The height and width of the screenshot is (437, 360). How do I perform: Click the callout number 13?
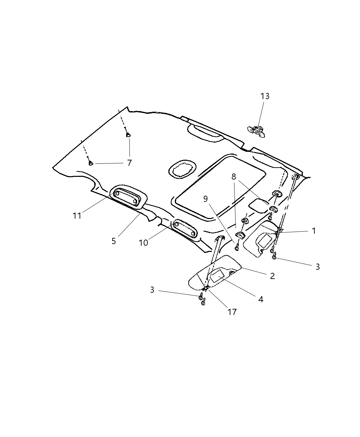click(x=265, y=96)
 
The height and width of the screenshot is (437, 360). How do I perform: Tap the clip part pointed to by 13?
click(x=257, y=130)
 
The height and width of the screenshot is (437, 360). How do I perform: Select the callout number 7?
click(x=129, y=163)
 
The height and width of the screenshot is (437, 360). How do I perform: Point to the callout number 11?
click(x=77, y=216)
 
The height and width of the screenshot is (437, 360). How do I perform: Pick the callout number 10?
click(x=143, y=243)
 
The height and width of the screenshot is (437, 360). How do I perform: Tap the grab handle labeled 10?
click(x=185, y=229)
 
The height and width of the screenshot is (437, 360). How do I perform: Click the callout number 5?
click(x=114, y=241)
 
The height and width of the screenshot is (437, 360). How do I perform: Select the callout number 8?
click(x=234, y=177)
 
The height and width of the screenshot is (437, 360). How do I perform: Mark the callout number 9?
click(x=206, y=199)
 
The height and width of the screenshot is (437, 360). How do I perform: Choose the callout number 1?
click(x=313, y=231)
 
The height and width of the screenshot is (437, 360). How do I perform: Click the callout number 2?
click(x=272, y=276)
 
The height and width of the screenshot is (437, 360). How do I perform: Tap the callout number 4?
click(x=261, y=299)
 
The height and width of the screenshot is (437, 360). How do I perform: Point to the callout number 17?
click(x=232, y=312)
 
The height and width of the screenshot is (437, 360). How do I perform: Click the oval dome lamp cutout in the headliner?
click(x=182, y=169)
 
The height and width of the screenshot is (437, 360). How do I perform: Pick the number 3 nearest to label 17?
click(x=152, y=290)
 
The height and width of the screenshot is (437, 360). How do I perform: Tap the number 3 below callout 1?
click(x=317, y=267)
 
